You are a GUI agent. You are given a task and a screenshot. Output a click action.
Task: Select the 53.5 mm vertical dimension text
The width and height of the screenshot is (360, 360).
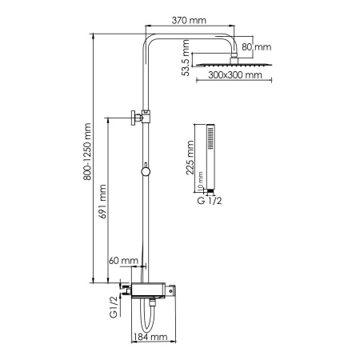point(186,60)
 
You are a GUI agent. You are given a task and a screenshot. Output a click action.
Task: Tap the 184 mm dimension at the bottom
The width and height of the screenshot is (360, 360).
point(150,338)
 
